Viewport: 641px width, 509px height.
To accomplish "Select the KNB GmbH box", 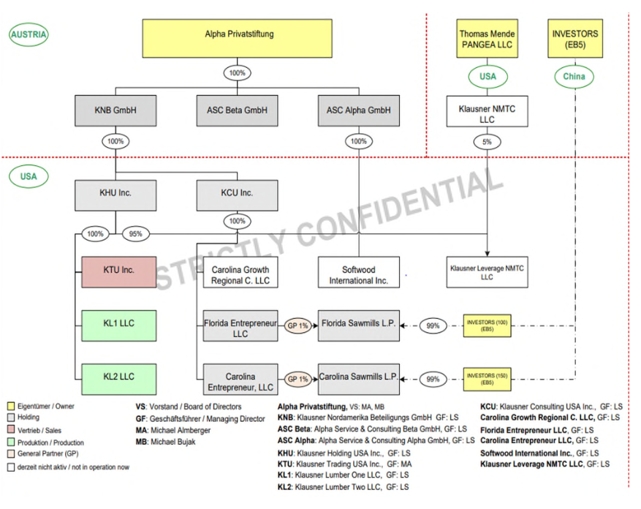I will click(x=115, y=110).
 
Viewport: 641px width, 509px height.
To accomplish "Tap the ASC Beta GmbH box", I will click(x=237, y=110).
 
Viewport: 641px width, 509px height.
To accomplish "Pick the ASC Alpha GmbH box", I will click(x=359, y=110).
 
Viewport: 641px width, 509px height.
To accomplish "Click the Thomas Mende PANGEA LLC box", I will click(x=487, y=39).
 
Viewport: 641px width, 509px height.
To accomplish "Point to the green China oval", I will click(x=574, y=76).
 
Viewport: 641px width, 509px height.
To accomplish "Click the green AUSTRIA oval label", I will click(x=29, y=34).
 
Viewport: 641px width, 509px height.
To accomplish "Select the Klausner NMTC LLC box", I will click(x=487, y=114).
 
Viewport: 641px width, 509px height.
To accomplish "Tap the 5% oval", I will click(x=487, y=143).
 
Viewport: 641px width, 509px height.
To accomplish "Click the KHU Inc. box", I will click(x=115, y=194).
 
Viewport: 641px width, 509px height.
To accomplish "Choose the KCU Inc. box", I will click(x=237, y=194).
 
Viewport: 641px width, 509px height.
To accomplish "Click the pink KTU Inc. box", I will click(x=118, y=271).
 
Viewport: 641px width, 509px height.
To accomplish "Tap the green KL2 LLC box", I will click(x=118, y=377).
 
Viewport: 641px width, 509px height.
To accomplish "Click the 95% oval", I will click(x=136, y=234).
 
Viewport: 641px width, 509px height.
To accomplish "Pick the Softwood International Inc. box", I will click(x=359, y=275).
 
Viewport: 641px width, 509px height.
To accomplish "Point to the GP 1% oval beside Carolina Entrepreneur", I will click(x=297, y=379).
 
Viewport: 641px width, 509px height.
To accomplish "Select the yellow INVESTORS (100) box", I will click(x=487, y=325).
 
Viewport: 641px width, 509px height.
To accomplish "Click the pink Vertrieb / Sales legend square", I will click(x=11, y=431).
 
